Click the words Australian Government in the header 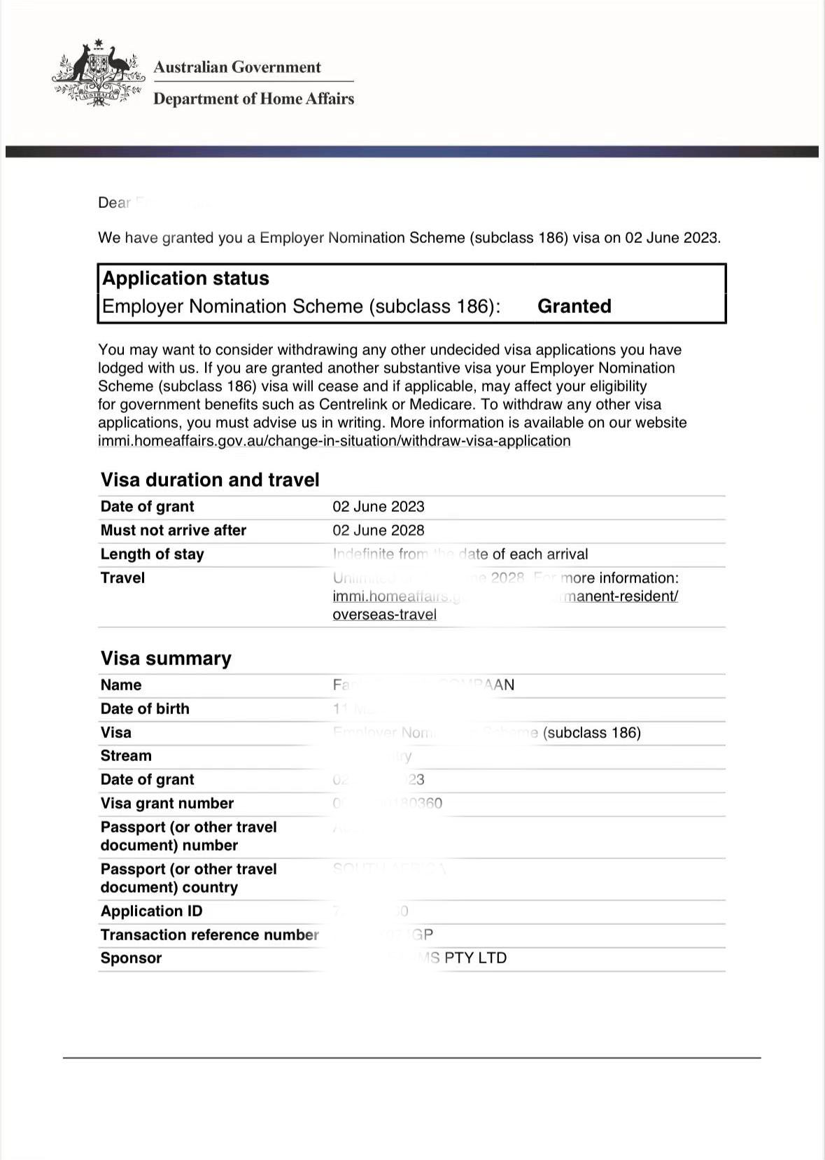[x=237, y=67]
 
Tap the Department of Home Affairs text [x=253, y=99]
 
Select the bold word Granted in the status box [x=574, y=306]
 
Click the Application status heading [x=185, y=278]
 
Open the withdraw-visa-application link [x=334, y=441]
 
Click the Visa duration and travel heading [x=209, y=480]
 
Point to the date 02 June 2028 [x=378, y=530]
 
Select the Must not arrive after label [x=173, y=530]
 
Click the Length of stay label [x=152, y=554]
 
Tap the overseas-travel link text [x=384, y=615]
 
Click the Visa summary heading [x=165, y=658]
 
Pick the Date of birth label [x=145, y=708]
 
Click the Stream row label [x=126, y=755]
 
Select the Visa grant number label [x=167, y=803]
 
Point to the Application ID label [x=151, y=911]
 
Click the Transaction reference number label [x=209, y=935]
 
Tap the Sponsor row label [x=131, y=958]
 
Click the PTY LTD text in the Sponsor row [x=475, y=958]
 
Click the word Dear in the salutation [x=114, y=203]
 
